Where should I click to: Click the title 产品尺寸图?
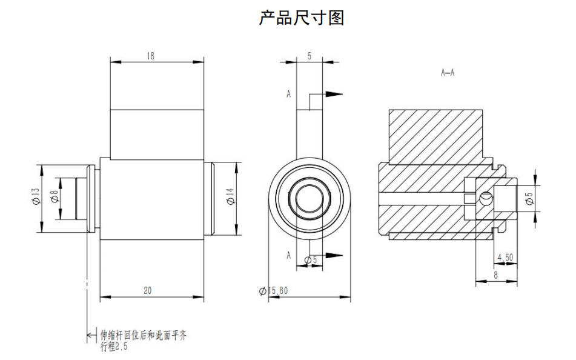[301, 18]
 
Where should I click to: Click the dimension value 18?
[151, 56]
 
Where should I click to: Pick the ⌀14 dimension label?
[230, 198]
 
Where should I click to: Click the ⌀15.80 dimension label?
[274, 291]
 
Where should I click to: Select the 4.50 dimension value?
[505, 258]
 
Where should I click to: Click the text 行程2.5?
[114, 347]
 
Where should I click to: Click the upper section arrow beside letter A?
[333, 94]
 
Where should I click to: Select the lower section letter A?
[289, 255]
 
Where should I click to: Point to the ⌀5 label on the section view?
[528, 198]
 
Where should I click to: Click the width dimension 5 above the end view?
[310, 56]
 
